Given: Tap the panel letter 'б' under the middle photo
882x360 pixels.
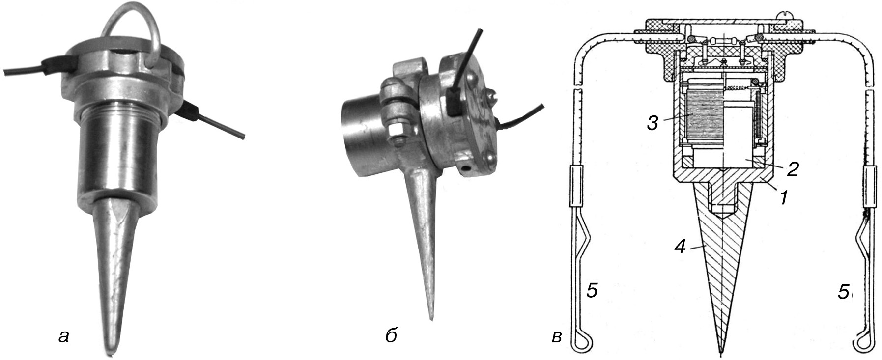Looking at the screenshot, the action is coord(392,335).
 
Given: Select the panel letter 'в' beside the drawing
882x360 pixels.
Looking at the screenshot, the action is coord(557,337).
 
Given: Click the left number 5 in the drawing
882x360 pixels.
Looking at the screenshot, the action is coord(592,291).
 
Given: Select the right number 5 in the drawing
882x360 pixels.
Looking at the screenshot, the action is coord(843,293).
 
